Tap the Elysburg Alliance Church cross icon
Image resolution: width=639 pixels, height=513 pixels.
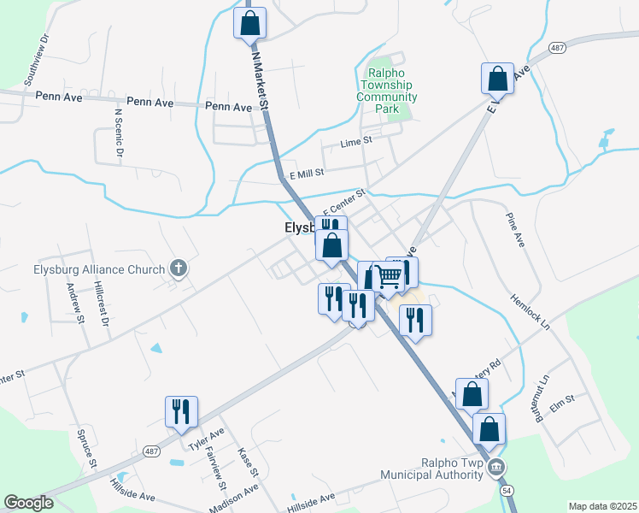(x=179, y=269)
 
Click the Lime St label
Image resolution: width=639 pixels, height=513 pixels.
(x=357, y=142)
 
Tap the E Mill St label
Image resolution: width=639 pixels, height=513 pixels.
(x=307, y=173)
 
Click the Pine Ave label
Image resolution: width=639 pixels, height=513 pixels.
(x=514, y=229)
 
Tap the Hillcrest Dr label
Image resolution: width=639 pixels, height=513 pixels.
(x=103, y=305)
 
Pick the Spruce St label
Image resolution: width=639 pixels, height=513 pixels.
(x=84, y=439)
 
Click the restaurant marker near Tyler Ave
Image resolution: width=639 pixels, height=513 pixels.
(x=181, y=411)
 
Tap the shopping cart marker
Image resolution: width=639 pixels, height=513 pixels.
(x=389, y=276)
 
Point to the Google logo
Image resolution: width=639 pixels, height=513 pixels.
(x=28, y=503)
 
